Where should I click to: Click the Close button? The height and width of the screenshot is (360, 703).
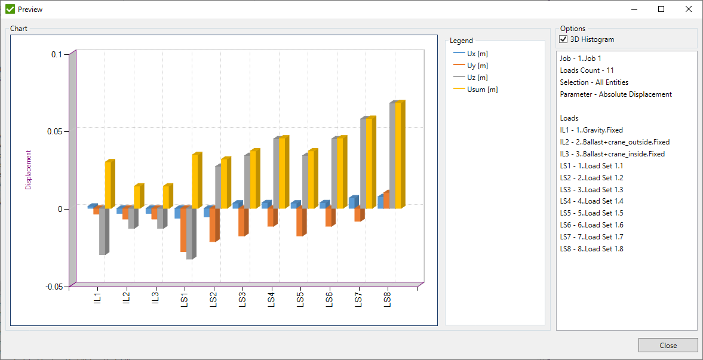(668, 345)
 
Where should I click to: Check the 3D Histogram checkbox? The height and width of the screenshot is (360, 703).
(563, 39)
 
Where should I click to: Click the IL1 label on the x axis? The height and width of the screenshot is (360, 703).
(97, 298)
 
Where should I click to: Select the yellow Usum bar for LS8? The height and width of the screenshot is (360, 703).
(398, 155)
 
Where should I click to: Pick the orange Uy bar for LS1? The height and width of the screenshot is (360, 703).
(183, 230)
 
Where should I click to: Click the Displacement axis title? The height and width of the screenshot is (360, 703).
(28, 170)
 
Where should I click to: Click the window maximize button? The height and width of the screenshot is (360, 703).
(661, 9)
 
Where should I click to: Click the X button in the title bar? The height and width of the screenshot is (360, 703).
(689, 9)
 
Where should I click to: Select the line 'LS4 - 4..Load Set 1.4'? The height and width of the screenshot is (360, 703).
(591, 201)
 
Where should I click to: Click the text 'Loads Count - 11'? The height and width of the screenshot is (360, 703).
(587, 70)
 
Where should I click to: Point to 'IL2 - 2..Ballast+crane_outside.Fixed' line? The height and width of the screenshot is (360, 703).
(615, 142)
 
